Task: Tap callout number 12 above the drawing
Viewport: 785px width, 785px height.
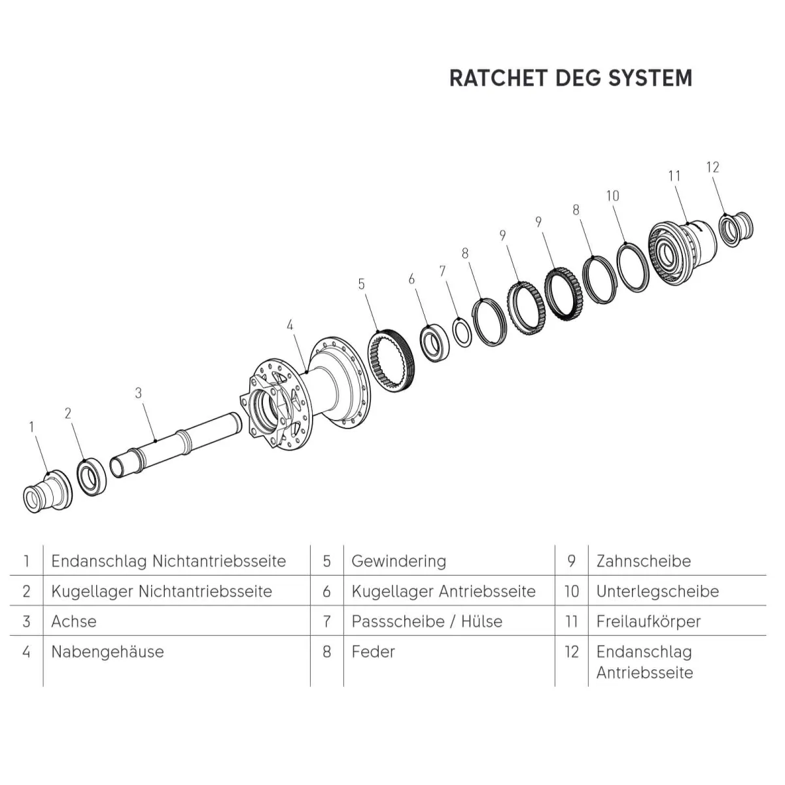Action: pyautogui.click(x=712, y=167)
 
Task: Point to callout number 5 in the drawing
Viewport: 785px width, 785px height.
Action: pyautogui.click(x=362, y=285)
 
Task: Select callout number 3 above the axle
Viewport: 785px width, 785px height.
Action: pyautogui.click(x=138, y=393)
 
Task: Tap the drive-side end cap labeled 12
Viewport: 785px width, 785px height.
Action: pyautogui.click(x=735, y=226)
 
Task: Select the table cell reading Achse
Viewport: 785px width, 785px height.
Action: pyautogui.click(x=74, y=621)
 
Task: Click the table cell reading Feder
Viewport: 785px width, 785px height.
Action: pyautogui.click(x=373, y=652)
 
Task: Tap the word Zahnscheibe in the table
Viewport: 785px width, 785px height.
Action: pyautogui.click(x=643, y=561)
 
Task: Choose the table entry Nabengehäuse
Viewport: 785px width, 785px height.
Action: pyautogui.click(x=107, y=652)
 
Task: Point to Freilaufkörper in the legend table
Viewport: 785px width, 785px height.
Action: pyautogui.click(x=648, y=621)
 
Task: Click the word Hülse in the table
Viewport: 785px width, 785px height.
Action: pyautogui.click(x=481, y=621)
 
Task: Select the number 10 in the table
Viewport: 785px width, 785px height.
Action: pyautogui.click(x=571, y=591)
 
